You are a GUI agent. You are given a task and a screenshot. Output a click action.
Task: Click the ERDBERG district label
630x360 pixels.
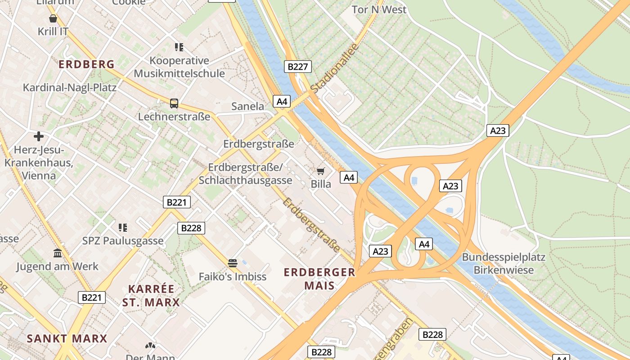pos(86,64)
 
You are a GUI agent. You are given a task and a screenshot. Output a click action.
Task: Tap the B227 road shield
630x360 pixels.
pos(297,67)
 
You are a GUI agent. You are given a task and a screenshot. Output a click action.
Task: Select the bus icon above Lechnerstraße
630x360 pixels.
pos(174,103)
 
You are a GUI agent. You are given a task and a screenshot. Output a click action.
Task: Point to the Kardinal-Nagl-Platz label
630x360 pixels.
pos(70,87)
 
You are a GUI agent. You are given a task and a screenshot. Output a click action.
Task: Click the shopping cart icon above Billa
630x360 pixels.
pos(321,171)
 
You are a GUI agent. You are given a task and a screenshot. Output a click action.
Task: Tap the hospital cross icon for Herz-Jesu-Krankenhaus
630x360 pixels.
pos(39,136)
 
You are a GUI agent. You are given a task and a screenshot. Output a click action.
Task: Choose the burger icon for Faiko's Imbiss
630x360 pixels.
pos(233,263)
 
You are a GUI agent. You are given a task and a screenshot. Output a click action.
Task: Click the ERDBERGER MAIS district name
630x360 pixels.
pos(319,279)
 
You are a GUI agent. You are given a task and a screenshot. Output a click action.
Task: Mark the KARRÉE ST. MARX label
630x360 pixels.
pos(151,295)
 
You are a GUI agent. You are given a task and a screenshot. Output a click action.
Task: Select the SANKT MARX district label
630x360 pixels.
pos(67,338)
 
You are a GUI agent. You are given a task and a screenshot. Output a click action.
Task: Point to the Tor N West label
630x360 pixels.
pos(379,9)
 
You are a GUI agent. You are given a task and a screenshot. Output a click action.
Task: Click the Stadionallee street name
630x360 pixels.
pos(334,68)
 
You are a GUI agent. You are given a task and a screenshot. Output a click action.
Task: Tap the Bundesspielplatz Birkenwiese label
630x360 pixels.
pos(504,264)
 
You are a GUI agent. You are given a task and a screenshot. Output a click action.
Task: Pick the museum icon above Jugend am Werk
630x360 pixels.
pos(58,253)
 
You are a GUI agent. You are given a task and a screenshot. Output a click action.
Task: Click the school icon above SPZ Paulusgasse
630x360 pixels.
pos(123,227)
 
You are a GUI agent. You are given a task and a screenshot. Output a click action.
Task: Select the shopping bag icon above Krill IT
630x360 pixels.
pos(53,18)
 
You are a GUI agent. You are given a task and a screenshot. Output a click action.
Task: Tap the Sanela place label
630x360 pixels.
pos(247,106)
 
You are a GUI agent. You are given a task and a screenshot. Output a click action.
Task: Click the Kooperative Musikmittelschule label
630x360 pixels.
pos(179,67)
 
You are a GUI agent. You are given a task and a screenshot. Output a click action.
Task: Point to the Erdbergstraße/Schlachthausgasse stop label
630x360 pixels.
pos(245,174)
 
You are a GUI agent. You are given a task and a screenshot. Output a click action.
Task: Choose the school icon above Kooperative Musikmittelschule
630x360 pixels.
pos(179,47)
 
